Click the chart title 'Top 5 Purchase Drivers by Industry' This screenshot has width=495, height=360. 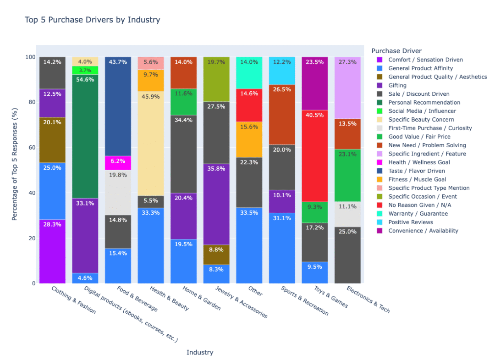click(x=93, y=20)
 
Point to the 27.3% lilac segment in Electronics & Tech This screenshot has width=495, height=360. click(x=347, y=88)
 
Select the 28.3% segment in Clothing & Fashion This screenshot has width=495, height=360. click(x=52, y=251)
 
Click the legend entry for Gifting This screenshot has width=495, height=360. click(x=397, y=85)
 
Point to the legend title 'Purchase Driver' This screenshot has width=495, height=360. click(x=396, y=50)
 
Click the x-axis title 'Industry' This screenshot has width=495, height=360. click(x=200, y=352)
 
